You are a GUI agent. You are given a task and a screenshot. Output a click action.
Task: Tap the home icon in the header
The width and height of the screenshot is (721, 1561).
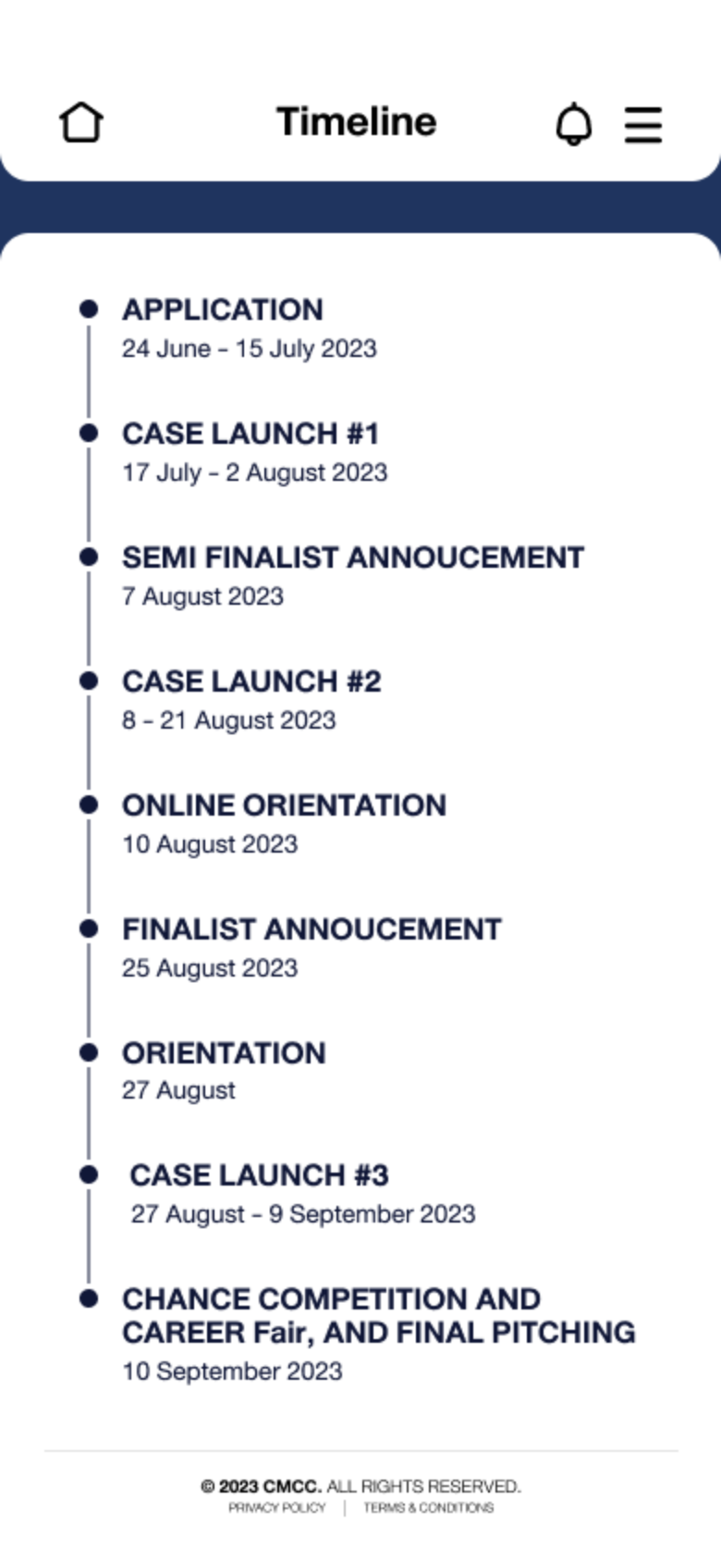tap(81, 123)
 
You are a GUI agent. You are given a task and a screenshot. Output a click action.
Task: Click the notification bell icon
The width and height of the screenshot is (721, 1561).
tap(574, 124)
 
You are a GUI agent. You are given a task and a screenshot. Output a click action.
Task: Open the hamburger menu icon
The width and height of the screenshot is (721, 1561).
tap(643, 125)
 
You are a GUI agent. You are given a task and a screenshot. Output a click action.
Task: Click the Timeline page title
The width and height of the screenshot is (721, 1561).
tap(357, 122)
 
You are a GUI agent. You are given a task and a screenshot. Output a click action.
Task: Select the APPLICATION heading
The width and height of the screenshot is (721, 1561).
tap(223, 310)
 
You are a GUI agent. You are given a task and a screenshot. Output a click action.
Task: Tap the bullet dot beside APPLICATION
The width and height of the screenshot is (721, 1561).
tap(89, 309)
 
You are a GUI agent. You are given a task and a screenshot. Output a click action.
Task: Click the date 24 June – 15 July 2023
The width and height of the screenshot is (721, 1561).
tap(250, 349)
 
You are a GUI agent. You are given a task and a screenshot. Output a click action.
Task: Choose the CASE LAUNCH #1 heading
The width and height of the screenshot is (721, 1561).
tap(251, 434)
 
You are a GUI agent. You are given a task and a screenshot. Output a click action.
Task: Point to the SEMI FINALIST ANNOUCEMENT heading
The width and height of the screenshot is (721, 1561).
tap(353, 558)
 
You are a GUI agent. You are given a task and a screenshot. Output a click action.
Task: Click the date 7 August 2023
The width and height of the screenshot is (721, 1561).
tap(202, 596)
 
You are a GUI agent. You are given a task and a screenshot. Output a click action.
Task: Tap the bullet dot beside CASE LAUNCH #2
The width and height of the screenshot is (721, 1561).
tap(89, 681)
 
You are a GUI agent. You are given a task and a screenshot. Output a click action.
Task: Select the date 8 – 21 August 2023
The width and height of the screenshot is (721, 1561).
tap(229, 719)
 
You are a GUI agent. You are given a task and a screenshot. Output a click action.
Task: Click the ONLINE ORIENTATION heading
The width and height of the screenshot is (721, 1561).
tap(284, 805)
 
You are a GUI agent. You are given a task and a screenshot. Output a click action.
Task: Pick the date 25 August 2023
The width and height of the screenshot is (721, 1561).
tap(210, 968)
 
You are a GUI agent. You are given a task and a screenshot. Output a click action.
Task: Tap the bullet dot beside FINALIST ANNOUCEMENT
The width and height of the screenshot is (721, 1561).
tap(89, 928)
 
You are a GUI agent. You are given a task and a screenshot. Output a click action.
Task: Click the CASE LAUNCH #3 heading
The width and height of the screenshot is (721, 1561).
tap(259, 1175)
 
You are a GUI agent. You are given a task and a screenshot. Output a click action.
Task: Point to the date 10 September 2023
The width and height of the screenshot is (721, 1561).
tap(233, 1371)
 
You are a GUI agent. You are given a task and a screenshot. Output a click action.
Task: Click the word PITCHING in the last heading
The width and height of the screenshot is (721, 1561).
tap(564, 1333)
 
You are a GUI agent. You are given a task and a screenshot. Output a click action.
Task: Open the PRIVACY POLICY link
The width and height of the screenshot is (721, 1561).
tap(277, 1507)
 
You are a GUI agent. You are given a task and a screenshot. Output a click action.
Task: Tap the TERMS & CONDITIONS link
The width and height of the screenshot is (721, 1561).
tap(428, 1507)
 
